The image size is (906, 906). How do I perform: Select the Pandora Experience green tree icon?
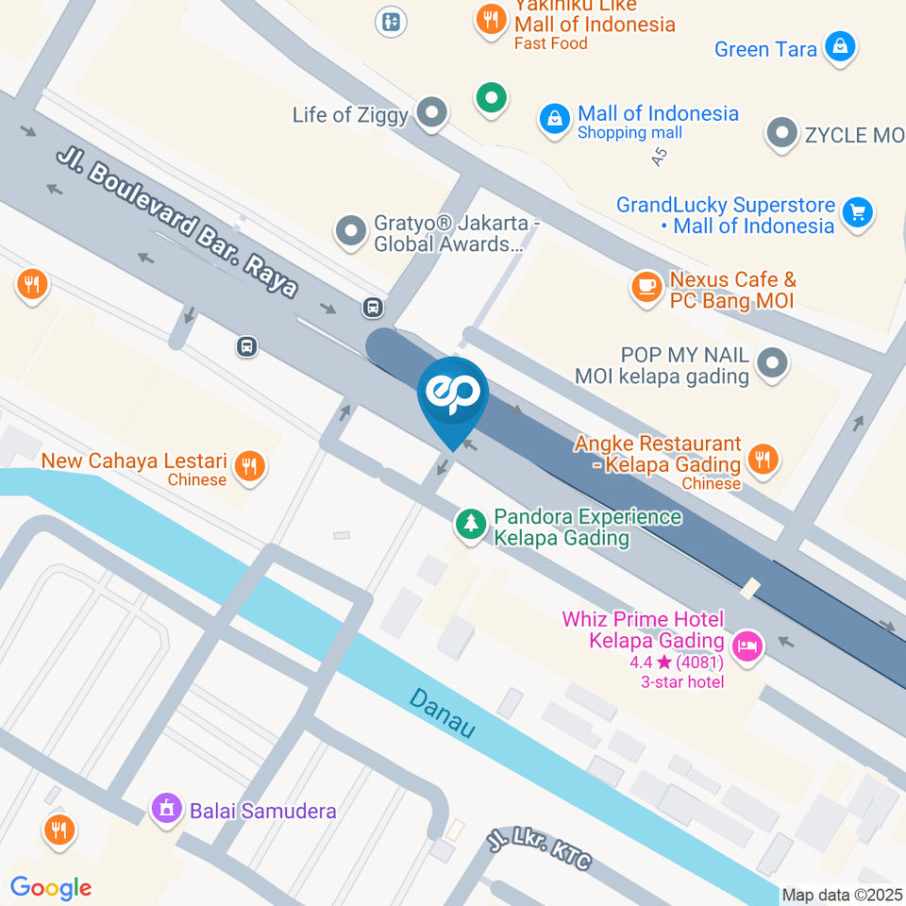tap(469, 525)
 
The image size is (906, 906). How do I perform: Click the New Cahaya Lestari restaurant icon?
tap(249, 464)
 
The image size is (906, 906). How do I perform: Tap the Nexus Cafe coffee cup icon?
tap(646, 288)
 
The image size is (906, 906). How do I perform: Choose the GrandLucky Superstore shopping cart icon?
tap(858, 213)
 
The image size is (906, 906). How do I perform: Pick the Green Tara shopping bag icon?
tap(839, 46)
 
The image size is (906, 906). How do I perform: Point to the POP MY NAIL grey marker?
tap(773, 361)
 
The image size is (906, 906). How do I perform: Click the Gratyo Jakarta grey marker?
tap(351, 230)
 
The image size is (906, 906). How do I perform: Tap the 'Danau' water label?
tap(442, 713)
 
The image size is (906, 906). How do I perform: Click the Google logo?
tap(51, 887)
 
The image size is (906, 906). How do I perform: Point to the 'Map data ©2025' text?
tap(842, 895)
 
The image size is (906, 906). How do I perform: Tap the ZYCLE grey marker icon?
tap(781, 134)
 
